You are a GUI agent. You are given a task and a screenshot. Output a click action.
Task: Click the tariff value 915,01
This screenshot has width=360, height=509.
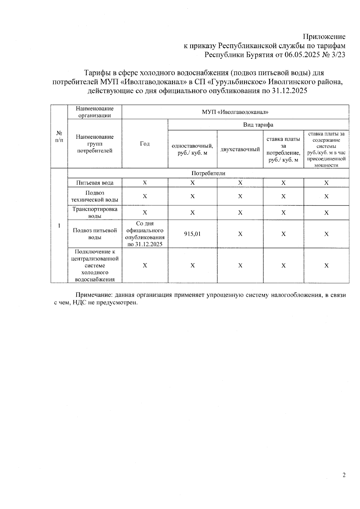point(192,234)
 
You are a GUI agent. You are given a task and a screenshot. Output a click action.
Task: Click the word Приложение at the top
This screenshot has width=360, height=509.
point(324,37)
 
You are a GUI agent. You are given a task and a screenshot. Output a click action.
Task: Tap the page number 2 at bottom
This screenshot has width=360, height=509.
point(344,475)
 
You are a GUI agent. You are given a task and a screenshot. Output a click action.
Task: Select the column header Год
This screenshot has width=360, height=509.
point(145,144)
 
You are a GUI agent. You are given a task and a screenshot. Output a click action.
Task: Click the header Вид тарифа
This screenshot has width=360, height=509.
point(258,125)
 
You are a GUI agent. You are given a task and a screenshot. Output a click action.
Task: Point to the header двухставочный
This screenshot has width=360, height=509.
point(240,149)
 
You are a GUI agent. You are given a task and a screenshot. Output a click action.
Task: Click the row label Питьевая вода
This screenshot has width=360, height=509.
point(95,183)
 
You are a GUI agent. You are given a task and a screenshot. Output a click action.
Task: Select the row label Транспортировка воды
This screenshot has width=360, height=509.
point(95,213)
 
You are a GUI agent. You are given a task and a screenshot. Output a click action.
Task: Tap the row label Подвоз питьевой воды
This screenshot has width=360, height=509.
point(95,234)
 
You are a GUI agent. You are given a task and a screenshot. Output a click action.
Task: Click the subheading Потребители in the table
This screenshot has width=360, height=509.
point(208,173)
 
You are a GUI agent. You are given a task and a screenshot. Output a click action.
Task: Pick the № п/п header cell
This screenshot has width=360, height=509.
point(59,136)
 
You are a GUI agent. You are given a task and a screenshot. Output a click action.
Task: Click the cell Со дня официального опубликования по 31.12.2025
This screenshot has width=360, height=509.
point(145,234)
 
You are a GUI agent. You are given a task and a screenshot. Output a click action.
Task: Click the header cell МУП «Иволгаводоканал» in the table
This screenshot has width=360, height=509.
point(235,112)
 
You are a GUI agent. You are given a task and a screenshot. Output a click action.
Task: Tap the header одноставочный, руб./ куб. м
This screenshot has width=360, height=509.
point(192,149)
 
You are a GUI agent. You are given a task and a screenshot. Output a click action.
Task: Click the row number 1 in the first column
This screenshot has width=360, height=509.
point(59,226)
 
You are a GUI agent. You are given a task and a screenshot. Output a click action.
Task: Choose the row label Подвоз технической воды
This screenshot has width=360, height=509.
point(95,196)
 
